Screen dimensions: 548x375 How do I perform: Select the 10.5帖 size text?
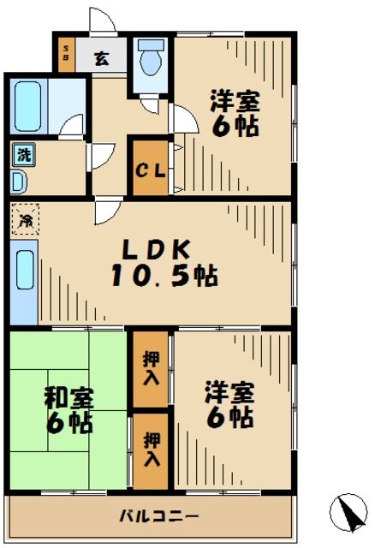[163, 276]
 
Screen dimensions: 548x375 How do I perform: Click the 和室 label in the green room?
[69, 399]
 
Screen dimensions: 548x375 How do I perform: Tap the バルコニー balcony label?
[158, 516]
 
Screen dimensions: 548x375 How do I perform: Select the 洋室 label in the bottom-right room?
[229, 394]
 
